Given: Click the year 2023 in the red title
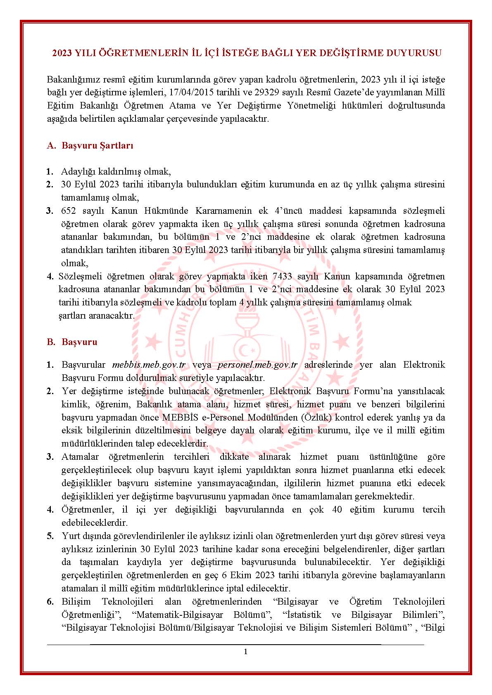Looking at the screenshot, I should tap(62, 53).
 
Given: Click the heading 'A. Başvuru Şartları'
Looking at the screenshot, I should tap(90, 146).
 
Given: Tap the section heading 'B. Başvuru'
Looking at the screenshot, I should tap(72, 342).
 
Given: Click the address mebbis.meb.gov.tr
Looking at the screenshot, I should tap(149, 365).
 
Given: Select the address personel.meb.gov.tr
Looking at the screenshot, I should tap(257, 365).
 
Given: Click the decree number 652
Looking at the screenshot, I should tap(68, 211).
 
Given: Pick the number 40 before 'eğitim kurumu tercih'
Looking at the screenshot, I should tap(337, 510).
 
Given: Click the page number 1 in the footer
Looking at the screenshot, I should tap(246, 652).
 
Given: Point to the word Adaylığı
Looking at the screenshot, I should tap(77, 172).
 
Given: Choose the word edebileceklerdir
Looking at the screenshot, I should tap(95, 523).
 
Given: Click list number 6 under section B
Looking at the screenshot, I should tap(50, 602).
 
